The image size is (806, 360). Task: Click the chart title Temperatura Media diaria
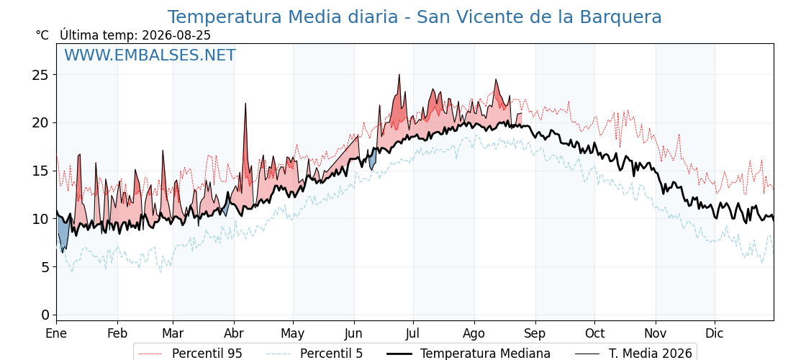(x=283, y=17)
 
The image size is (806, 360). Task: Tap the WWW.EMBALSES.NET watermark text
(x=150, y=55)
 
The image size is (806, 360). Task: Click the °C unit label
(x=42, y=35)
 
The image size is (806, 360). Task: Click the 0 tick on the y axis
(x=46, y=315)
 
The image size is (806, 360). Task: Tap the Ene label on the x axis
(x=57, y=333)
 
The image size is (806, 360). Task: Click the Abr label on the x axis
(x=235, y=333)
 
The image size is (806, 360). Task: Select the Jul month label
(x=413, y=333)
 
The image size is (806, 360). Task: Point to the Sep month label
(x=535, y=333)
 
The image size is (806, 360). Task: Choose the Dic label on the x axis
(x=715, y=333)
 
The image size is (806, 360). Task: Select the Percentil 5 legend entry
(x=315, y=354)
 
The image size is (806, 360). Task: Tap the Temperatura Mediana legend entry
(x=469, y=354)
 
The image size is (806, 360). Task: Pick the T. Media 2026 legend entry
(x=634, y=354)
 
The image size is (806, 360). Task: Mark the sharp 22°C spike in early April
(x=245, y=104)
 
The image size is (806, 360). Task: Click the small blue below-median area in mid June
(x=373, y=159)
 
